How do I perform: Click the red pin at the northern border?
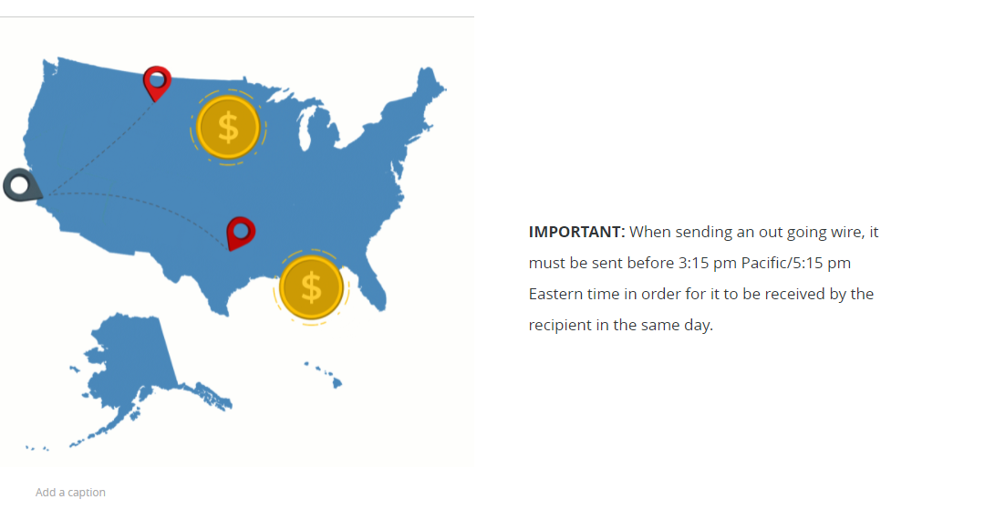click(x=157, y=82)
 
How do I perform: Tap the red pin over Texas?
click(x=241, y=233)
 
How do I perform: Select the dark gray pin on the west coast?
click(x=22, y=185)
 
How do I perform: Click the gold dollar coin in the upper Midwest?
click(x=228, y=127)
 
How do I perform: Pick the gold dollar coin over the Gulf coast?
click(x=311, y=287)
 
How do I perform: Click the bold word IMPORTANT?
click(x=576, y=232)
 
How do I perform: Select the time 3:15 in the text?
click(x=693, y=263)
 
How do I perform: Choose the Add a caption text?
click(x=70, y=493)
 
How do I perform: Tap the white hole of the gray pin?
click(x=20, y=185)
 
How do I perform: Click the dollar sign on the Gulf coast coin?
click(x=311, y=287)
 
